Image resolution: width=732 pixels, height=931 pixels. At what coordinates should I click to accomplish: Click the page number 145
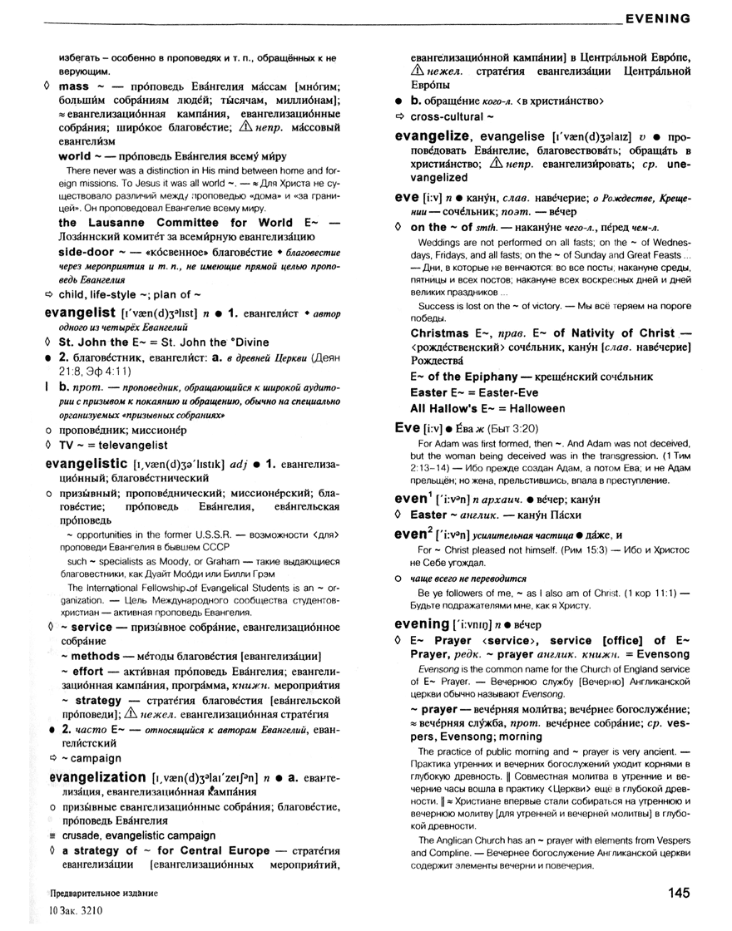click(x=677, y=893)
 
